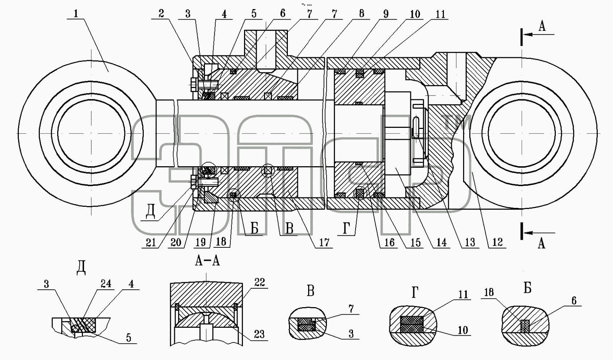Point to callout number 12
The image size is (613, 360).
pyautogui.click(x=497, y=242)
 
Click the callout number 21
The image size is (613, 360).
pyautogui.click(x=151, y=242)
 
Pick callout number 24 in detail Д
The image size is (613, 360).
pyautogui.click(x=106, y=284)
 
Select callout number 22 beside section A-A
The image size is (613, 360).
pyautogui.click(x=260, y=282)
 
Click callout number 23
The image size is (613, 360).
pyautogui.click(x=259, y=334)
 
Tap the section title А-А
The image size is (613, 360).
pyautogui.click(x=207, y=261)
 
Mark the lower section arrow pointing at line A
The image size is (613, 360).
pyautogui.click(x=539, y=233)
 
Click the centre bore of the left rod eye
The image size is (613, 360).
pyautogui.click(x=91, y=133)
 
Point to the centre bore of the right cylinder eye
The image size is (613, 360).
pyautogui.click(x=522, y=133)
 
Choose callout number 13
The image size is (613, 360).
pyautogui.click(x=470, y=242)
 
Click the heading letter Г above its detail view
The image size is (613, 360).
pyautogui.click(x=415, y=293)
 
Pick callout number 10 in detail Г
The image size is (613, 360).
pyautogui.click(x=462, y=330)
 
